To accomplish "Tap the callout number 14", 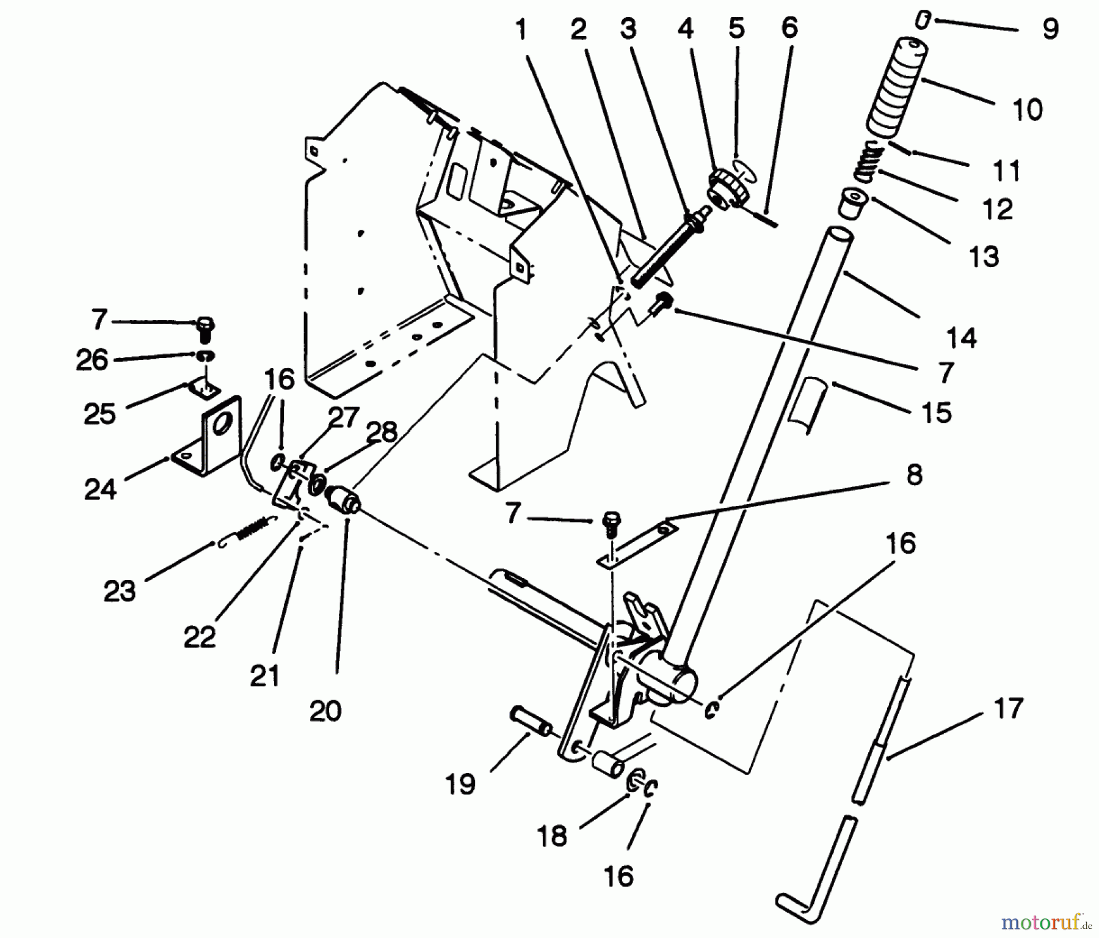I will point(961,337).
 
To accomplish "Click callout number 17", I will point(1007,709).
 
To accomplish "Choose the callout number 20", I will point(325,711).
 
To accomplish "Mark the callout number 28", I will point(383,431).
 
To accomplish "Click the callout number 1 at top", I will point(521,30).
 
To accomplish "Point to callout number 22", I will point(200,637).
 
